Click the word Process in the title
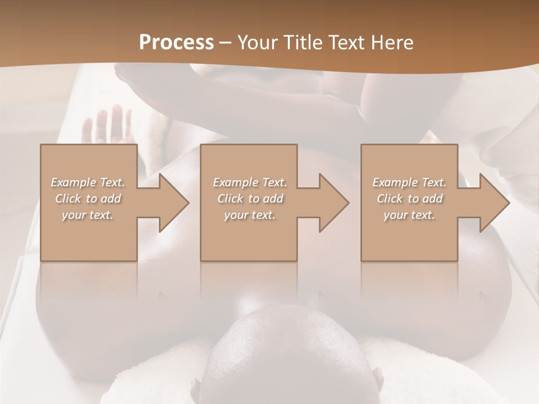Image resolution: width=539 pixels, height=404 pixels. [x=176, y=43]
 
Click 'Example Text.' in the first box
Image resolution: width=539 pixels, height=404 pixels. [x=88, y=182]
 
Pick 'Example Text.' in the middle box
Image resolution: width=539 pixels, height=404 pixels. [x=250, y=182]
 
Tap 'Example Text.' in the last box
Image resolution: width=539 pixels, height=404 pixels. [x=409, y=182]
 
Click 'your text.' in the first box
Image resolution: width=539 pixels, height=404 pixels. [x=88, y=215]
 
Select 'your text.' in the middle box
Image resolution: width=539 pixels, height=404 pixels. [x=250, y=215]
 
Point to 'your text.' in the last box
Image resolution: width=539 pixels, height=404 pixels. [x=409, y=215]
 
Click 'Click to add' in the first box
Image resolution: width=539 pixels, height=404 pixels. [x=88, y=199]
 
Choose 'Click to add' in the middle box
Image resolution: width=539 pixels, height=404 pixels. [x=250, y=199]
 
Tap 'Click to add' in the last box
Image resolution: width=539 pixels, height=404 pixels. [x=409, y=199]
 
